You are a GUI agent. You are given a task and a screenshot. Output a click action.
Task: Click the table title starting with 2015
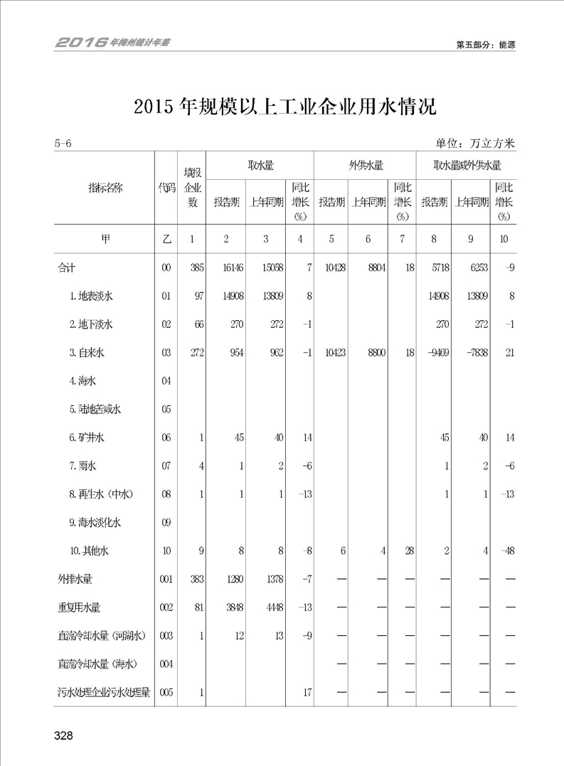pos(284,107)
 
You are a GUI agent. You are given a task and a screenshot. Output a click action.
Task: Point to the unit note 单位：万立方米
pos(476,143)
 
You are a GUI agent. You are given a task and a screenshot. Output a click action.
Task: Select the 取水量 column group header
pos(260,166)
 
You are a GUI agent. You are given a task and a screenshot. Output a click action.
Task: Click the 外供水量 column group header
pos(366,166)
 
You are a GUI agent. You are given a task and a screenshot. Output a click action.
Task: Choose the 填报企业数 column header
pos(191,187)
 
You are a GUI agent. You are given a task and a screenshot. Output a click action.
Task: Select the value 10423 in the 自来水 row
pos(334,353)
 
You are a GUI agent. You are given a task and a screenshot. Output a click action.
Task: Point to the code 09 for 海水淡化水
pos(166,523)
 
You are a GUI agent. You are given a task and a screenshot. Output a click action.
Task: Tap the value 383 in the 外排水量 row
pos(196,579)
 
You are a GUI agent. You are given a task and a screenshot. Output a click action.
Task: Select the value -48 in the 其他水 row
pos(506,550)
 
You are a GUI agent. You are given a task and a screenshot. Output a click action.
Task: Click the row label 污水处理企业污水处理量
pos(104,691)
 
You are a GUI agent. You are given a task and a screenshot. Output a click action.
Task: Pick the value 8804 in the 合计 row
pos(373,267)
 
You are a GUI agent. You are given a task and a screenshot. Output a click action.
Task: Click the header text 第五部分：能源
pos(485,44)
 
